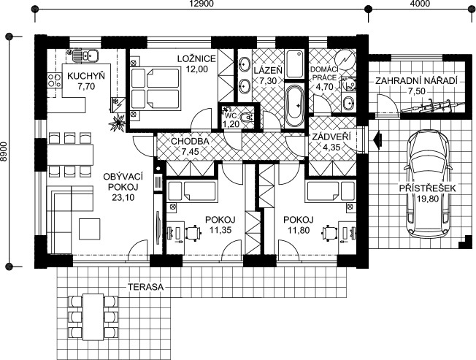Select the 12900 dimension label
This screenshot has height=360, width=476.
point(201,4)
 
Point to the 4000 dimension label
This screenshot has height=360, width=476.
point(422,4)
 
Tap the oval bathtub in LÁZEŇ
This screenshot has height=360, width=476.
point(294,106)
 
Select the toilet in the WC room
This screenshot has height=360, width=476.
point(246,117)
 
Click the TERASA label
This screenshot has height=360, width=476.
point(145,287)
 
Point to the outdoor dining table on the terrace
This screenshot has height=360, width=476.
point(93,317)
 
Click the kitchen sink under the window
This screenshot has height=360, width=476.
point(82,55)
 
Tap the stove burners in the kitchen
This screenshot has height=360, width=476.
point(55,81)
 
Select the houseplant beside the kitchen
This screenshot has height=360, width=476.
point(118,122)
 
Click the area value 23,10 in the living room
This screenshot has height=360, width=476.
point(123,198)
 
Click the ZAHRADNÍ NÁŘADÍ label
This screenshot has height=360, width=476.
point(416,81)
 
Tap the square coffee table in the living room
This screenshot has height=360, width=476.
point(90,229)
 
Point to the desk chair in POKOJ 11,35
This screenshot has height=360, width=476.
point(193,233)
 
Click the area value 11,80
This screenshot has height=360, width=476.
point(299,231)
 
